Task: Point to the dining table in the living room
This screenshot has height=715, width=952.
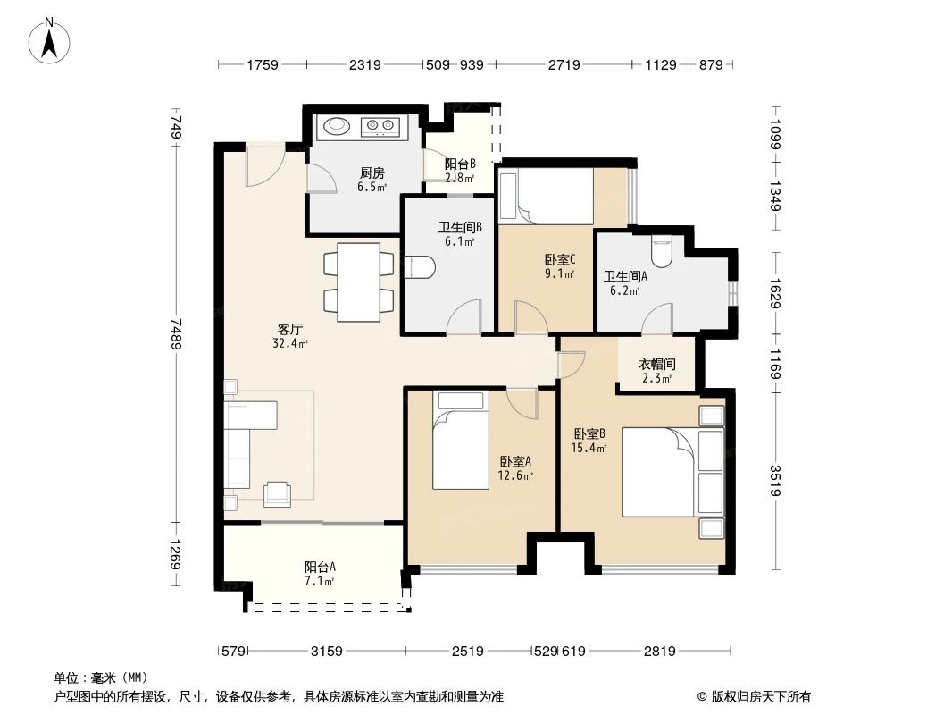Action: [x=358, y=281]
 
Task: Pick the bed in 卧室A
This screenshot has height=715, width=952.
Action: [x=461, y=440]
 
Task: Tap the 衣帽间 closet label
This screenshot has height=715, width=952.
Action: [x=656, y=365]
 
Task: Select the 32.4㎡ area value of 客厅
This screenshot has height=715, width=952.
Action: [x=291, y=343]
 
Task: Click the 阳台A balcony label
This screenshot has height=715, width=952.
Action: [x=320, y=567]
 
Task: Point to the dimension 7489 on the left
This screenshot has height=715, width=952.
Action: [x=177, y=335]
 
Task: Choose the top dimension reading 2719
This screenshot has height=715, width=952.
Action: [x=564, y=64]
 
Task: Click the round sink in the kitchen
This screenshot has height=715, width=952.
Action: [x=337, y=126]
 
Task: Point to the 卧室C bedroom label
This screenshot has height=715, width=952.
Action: [x=559, y=260]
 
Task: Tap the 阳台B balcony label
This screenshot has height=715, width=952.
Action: [x=460, y=164]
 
